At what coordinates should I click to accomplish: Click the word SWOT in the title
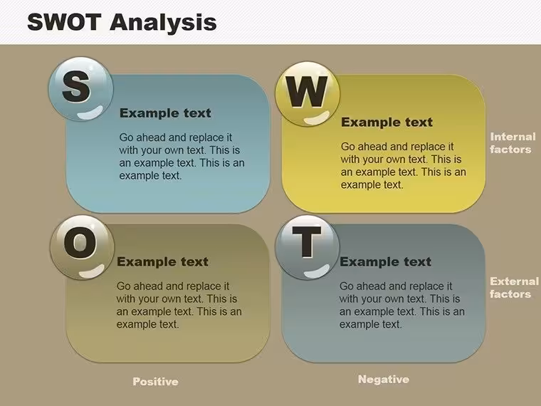[x=64, y=22]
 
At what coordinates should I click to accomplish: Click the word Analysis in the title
[x=163, y=23]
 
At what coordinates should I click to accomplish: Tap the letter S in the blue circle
[x=76, y=86]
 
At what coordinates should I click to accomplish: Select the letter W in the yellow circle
[x=307, y=91]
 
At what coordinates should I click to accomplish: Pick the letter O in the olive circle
[x=80, y=243]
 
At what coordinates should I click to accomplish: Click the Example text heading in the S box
[x=165, y=113]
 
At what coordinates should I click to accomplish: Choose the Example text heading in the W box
[x=387, y=122]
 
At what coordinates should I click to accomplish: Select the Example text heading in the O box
[x=162, y=261]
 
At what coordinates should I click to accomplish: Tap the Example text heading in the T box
[x=385, y=261]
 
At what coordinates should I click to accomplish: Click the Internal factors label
[x=513, y=143]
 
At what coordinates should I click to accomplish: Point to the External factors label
[x=514, y=288]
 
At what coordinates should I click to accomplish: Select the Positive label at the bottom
[x=156, y=382]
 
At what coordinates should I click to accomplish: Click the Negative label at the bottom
[x=384, y=380]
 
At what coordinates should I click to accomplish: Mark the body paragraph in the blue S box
[x=182, y=157]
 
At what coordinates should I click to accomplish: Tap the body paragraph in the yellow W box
[x=404, y=166]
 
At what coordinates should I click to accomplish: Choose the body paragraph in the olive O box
[x=179, y=305]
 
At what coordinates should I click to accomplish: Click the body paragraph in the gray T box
[x=402, y=305]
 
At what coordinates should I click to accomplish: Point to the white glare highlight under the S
[x=90, y=113]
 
